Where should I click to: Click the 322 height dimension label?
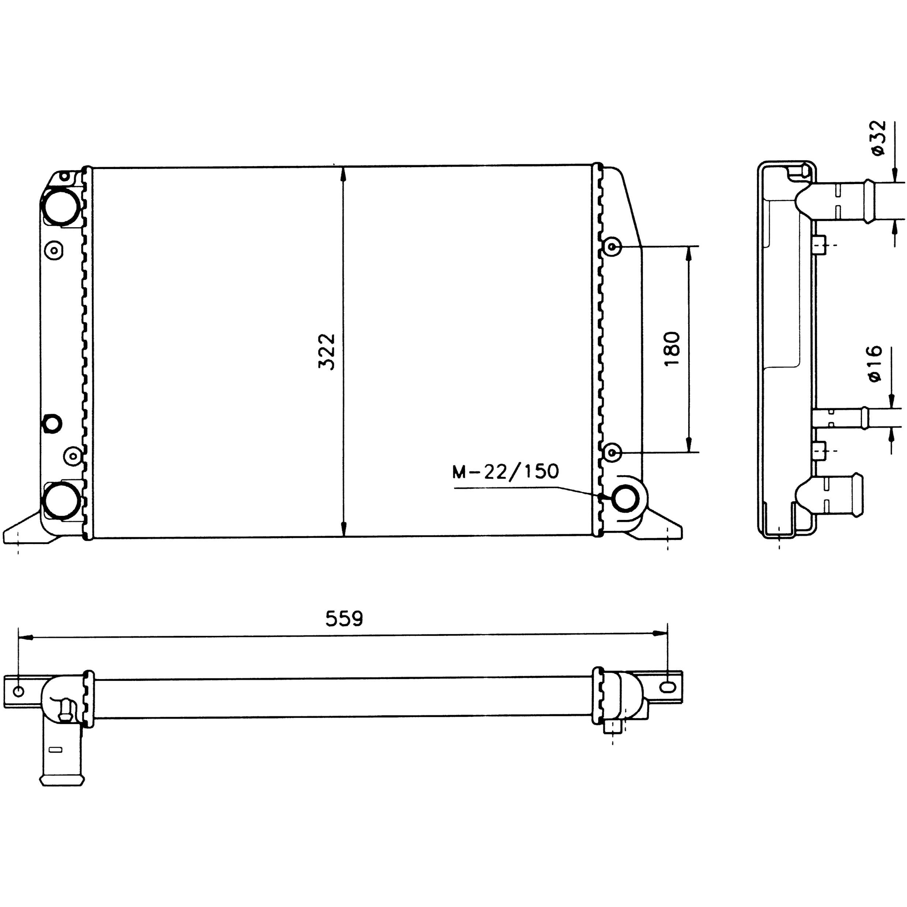click(327, 352)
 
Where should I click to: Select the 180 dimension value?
click(672, 349)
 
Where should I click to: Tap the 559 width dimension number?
click(344, 619)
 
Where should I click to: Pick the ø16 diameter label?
click(875, 364)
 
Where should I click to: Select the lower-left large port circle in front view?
click(61, 501)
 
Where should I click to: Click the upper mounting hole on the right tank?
click(612, 247)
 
